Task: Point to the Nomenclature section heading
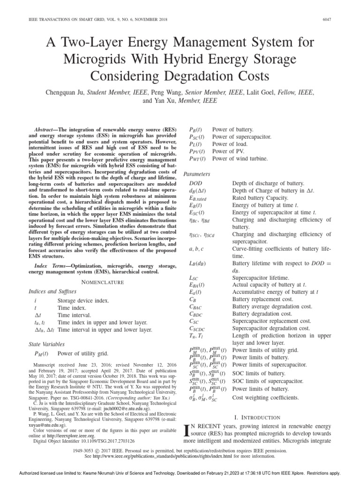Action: [x=103, y=282]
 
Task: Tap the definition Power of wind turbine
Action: [x=240, y=159]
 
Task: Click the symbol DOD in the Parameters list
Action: [x=195, y=184]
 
